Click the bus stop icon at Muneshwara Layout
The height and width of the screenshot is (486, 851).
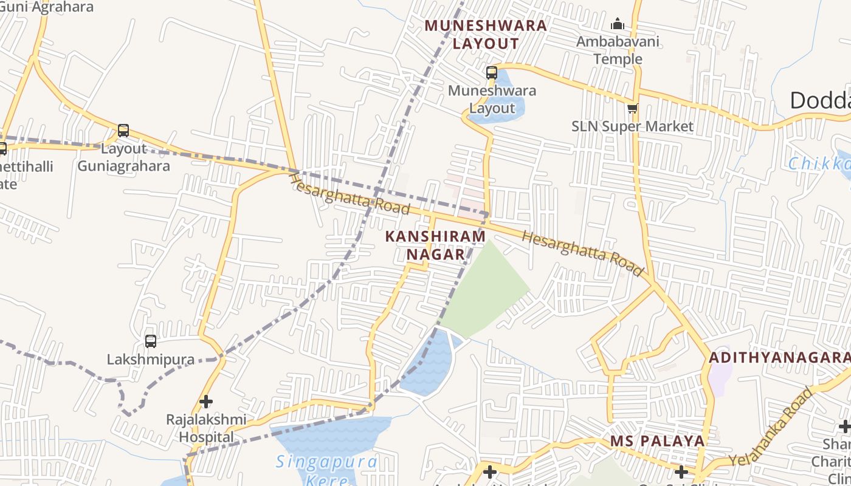click(492, 73)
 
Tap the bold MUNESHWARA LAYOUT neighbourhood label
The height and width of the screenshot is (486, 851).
click(486, 35)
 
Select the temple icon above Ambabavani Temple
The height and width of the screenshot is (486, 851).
click(618, 24)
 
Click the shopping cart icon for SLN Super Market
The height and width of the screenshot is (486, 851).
click(633, 109)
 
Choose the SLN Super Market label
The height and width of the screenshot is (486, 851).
click(632, 126)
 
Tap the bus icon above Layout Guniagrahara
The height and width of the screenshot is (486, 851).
click(123, 131)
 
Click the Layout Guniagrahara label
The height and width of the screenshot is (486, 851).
click(123, 157)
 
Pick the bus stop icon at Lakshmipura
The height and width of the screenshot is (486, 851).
click(151, 341)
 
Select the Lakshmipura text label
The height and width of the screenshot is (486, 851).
click(151, 360)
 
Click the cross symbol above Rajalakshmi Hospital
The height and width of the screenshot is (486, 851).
click(206, 402)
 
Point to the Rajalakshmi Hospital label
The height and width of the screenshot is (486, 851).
click(207, 428)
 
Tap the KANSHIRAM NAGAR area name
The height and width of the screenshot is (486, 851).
click(436, 245)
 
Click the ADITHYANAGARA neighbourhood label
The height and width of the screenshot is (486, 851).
click(779, 358)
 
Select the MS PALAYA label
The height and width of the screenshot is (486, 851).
click(657, 441)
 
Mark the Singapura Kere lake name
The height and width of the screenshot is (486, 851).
click(326, 469)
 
